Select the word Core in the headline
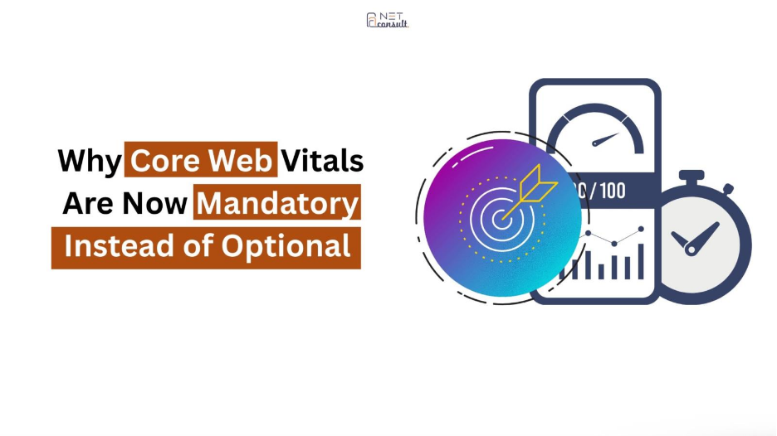165,160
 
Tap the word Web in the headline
240,160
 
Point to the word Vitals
323,160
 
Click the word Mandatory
277,203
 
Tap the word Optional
286,246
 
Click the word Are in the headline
87,203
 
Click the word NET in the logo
391,17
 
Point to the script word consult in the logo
392,23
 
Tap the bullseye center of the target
502,218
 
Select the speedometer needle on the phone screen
605,139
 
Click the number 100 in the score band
612,191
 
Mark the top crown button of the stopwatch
691,177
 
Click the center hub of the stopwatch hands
691,250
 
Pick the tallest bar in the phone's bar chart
641,261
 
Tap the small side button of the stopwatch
727,188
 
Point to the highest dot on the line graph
641,229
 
